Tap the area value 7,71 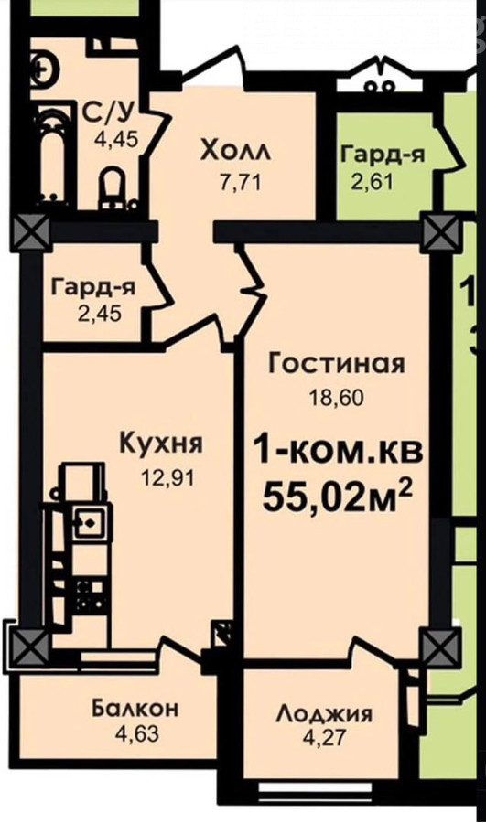point(240,183)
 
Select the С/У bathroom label point(109,112)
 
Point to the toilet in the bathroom point(113,186)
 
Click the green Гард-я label point(383,155)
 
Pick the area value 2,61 point(372,183)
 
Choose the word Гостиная point(337,364)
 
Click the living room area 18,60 point(336,399)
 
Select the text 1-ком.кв point(338,453)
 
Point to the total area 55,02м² point(337,496)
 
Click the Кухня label point(161,444)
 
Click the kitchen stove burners point(90,593)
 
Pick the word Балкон point(135,709)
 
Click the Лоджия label point(325,714)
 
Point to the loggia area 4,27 point(325,737)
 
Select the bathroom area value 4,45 point(116,140)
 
